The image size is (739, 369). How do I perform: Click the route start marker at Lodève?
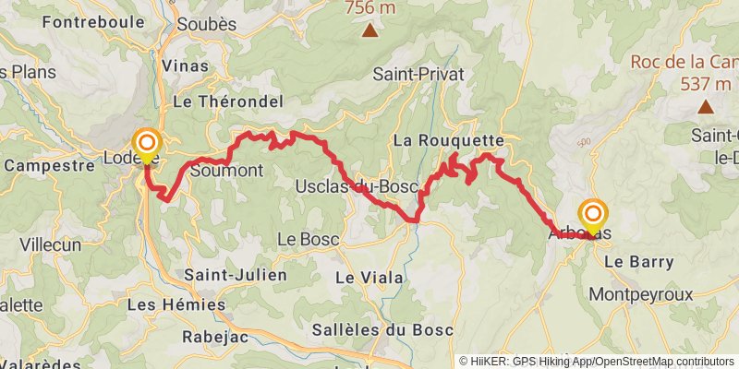(x=147, y=144)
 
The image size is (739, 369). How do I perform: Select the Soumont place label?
(x=225, y=171)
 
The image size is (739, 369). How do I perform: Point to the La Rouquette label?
(x=449, y=141)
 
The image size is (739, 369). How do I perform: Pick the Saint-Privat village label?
(x=418, y=74)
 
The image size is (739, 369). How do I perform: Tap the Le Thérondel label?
(x=214, y=102)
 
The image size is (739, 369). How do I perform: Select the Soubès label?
(x=206, y=25)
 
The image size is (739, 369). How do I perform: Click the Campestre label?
(x=49, y=167)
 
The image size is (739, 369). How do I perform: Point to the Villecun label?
(x=52, y=247)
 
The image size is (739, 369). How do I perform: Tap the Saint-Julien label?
(x=235, y=275)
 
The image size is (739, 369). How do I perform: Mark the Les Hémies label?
(x=176, y=304)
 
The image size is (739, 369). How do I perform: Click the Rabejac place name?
(x=214, y=337)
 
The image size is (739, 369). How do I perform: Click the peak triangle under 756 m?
(x=369, y=31)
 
